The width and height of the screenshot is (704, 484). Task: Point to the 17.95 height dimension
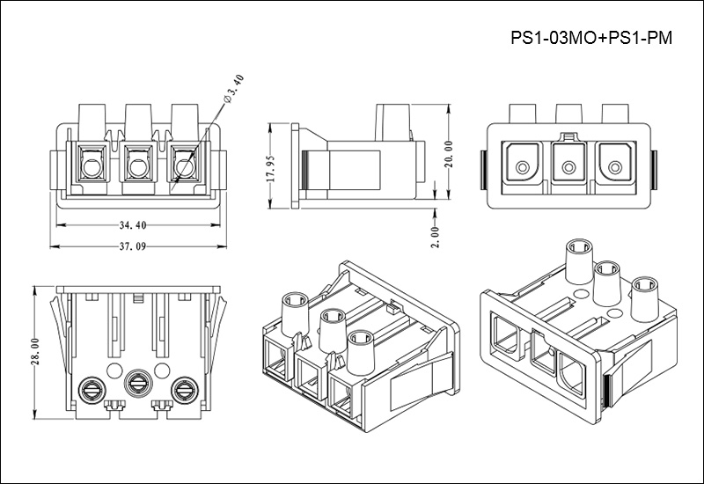(x=273, y=165)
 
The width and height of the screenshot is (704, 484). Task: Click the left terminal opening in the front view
(x=91, y=164)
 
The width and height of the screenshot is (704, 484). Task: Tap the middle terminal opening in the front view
(x=136, y=164)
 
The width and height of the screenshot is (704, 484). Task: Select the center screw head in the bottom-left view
(x=137, y=382)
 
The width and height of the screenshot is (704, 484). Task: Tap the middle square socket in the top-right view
(x=568, y=164)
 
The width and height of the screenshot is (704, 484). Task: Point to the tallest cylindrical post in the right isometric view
(x=580, y=264)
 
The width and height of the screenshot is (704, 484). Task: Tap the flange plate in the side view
(x=295, y=165)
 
